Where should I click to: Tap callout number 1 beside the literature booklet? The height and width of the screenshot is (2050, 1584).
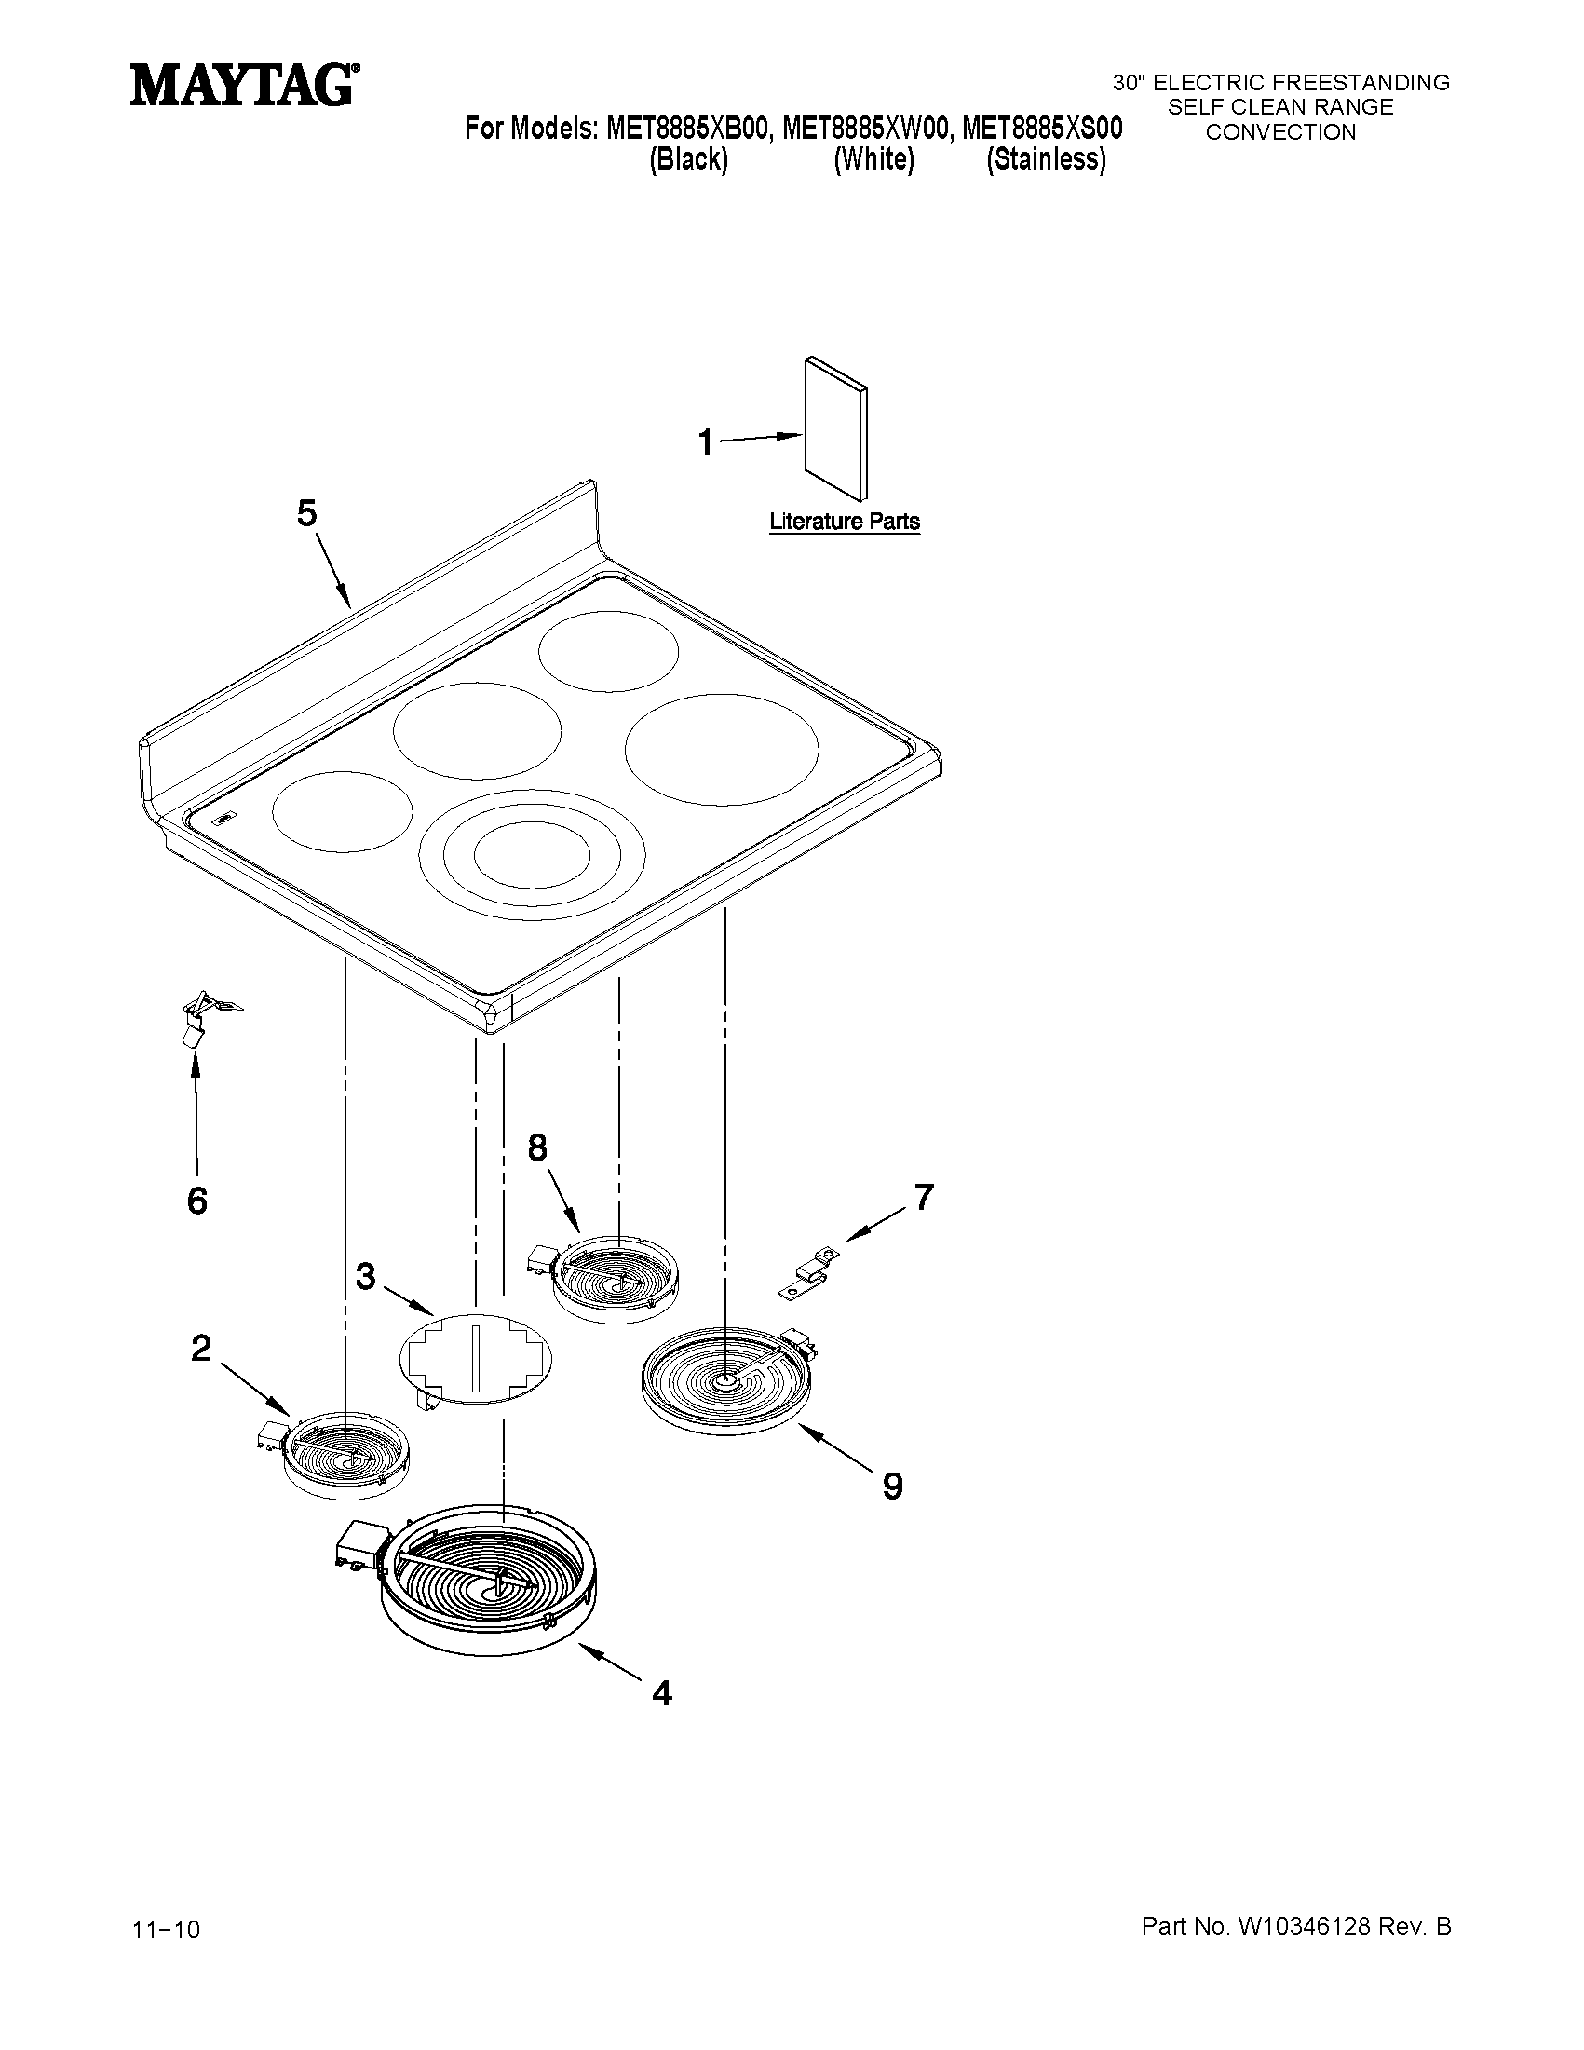pyautogui.click(x=706, y=441)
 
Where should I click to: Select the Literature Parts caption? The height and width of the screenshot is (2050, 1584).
pyautogui.click(x=845, y=522)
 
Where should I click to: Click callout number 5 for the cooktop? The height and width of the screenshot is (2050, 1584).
pyautogui.click(x=308, y=513)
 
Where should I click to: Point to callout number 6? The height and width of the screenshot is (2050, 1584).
pyautogui.click(x=197, y=1201)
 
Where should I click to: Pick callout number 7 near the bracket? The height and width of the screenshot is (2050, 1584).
pyautogui.click(x=925, y=1197)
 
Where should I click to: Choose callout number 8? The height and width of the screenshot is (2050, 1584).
pyautogui.click(x=537, y=1147)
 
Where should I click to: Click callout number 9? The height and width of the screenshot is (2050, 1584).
pyautogui.click(x=893, y=1486)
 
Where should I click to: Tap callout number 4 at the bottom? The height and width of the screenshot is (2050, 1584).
pyautogui.click(x=662, y=1692)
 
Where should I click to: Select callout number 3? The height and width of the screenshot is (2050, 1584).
pyautogui.click(x=366, y=1277)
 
